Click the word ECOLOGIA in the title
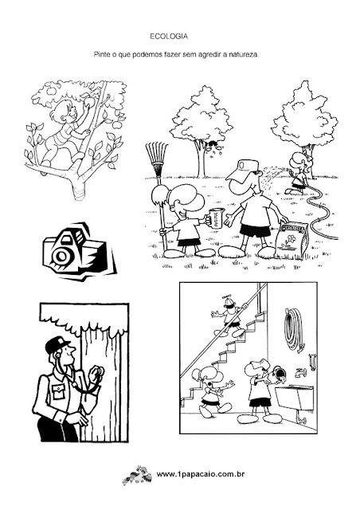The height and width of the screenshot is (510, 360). pyautogui.click(x=169, y=37)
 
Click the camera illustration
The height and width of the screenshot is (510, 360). pyautogui.click(x=79, y=252)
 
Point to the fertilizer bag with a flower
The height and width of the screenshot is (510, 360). pyautogui.click(x=291, y=240)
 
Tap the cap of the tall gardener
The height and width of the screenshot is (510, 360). pyautogui.click(x=243, y=170)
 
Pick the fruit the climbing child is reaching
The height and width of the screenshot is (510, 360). pyautogui.click(x=89, y=102)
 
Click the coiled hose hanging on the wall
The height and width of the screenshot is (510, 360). pyautogui.click(x=294, y=330)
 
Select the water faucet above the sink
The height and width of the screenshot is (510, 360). pyautogui.click(x=300, y=372)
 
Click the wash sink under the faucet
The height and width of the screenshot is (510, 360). pyautogui.click(x=294, y=398)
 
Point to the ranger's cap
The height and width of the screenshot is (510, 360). pyautogui.click(x=57, y=344)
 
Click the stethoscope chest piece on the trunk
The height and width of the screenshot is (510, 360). pyautogui.click(x=96, y=371)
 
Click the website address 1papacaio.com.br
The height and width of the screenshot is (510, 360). pyautogui.click(x=201, y=475)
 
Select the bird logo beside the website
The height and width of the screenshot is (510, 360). pyautogui.click(x=137, y=475)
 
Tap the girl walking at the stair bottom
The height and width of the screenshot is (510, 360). pyautogui.click(x=211, y=391)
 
